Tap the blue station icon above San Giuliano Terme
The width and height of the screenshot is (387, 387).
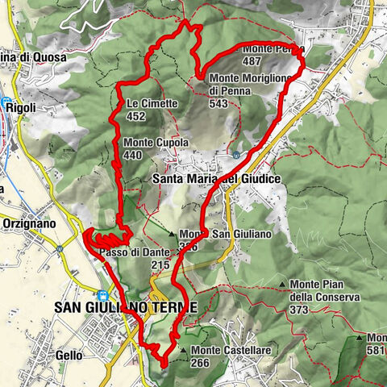click(x=102, y=295)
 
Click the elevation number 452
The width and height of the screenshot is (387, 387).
click(x=135, y=117)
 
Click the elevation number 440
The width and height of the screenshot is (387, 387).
click(x=133, y=156)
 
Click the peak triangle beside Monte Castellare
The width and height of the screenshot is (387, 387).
click(x=184, y=351)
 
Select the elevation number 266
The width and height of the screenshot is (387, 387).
click(x=202, y=364)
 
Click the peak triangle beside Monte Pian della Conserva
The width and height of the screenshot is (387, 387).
click(x=282, y=285)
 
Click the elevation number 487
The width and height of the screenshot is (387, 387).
click(x=252, y=60)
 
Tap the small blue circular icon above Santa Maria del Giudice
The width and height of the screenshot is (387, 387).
click(x=235, y=154)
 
